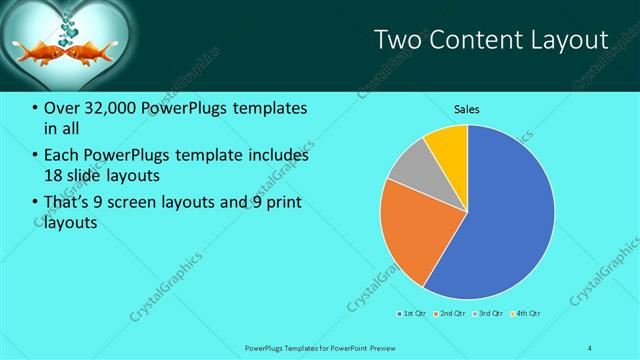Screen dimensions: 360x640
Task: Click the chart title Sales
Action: point(467,107)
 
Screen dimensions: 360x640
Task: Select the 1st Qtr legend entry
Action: point(411,314)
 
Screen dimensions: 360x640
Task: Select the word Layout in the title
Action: point(569,39)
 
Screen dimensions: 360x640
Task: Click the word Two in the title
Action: point(394,39)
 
